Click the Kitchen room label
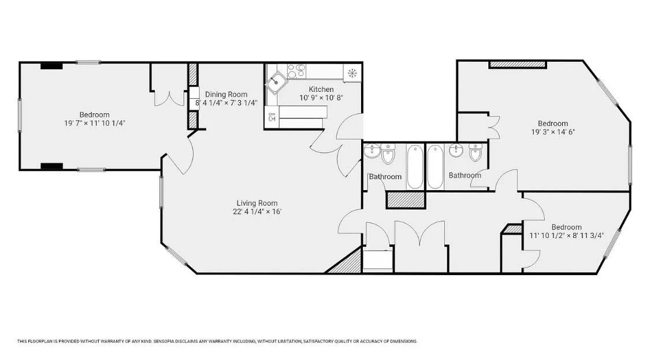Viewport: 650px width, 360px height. click(321, 89)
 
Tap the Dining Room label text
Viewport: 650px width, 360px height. click(226, 94)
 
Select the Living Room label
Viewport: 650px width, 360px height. click(257, 203)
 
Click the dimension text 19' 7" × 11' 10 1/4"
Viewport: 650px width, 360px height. click(94, 123)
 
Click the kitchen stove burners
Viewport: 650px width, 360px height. click(296, 72)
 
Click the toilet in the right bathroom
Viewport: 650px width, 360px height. click(475, 153)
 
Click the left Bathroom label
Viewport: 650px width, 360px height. click(385, 177)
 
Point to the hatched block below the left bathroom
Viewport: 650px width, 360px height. click(406, 199)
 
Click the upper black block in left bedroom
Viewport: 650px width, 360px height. click(51, 66)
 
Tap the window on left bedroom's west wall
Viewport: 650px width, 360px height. click(20, 114)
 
